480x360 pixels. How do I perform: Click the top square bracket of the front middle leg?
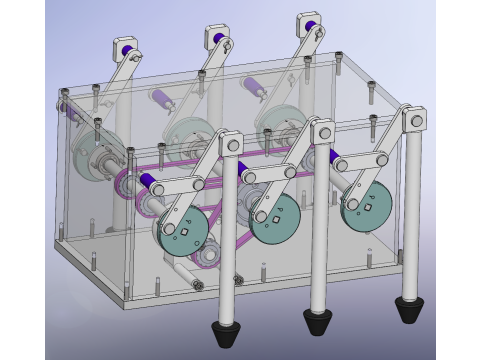322,129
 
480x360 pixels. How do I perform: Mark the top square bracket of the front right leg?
413,117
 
